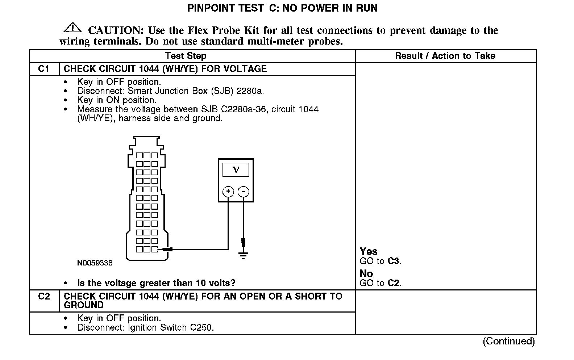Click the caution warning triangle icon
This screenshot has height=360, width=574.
click(x=72, y=28)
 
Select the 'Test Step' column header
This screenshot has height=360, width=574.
click(x=186, y=56)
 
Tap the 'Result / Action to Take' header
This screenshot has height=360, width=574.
click(x=445, y=56)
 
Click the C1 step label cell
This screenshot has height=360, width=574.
click(x=44, y=69)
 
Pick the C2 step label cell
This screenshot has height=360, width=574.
click(x=44, y=296)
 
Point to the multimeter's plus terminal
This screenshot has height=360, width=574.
click(x=228, y=191)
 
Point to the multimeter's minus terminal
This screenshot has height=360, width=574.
click(x=244, y=191)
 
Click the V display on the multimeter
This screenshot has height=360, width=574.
click(x=236, y=170)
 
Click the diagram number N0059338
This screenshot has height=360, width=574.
click(x=95, y=263)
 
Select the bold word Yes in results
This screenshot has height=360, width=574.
click(x=369, y=251)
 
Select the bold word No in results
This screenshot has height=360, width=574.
click(x=366, y=273)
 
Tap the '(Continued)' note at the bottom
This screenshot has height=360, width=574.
click(x=508, y=341)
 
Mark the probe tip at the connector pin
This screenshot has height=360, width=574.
click(x=160, y=249)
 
